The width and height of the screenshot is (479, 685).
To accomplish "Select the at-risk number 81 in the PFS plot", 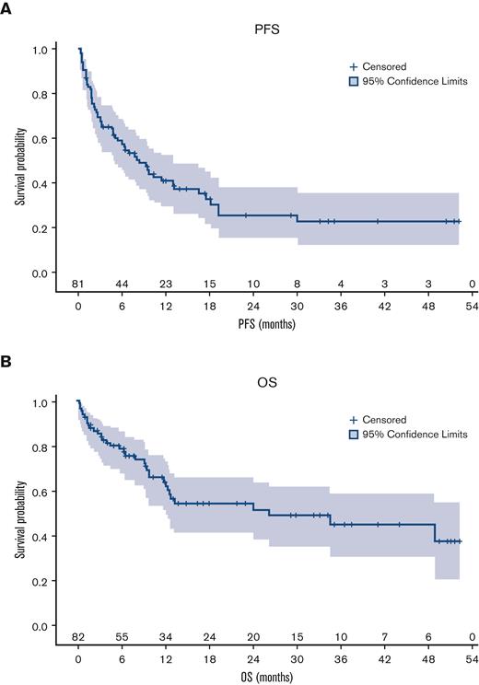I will click(79, 284).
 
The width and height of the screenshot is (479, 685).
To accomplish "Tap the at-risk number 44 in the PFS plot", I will click(123, 284).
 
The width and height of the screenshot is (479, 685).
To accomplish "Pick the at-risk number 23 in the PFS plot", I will click(166, 284).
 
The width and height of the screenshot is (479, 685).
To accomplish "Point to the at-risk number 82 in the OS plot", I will click(79, 637).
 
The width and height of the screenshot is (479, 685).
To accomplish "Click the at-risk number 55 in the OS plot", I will click(123, 637).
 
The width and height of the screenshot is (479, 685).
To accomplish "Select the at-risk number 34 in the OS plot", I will click(166, 637).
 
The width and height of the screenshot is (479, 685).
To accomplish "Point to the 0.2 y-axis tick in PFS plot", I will click(54, 227).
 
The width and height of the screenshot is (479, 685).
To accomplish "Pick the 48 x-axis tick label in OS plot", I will click(427, 659).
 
